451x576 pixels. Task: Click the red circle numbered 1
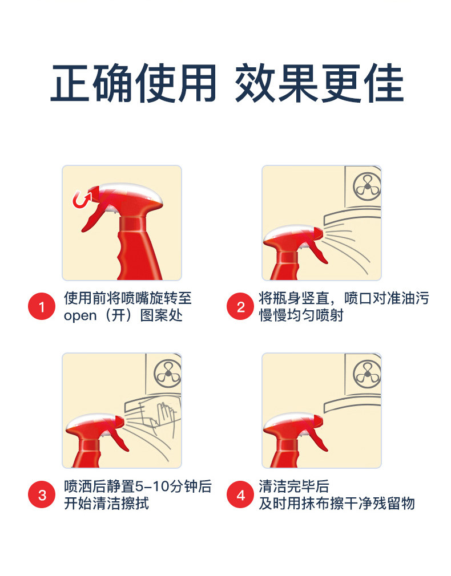[x=42, y=306]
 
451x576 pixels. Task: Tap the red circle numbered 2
[x=240, y=306]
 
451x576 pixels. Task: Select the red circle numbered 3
[x=42, y=494]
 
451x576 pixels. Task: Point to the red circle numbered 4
[x=240, y=494]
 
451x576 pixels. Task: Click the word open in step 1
[x=80, y=316]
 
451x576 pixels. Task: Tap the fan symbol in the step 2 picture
[x=367, y=186]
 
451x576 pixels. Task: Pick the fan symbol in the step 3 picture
[x=167, y=374]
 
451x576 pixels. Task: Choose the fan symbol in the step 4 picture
[x=367, y=374]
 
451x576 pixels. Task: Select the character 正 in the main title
[x=70, y=83]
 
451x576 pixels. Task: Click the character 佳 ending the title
[x=384, y=83]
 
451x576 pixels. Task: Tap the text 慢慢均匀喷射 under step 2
[x=301, y=315]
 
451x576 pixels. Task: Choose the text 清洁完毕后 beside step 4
[x=294, y=486]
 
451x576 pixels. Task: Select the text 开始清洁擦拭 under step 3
[x=107, y=503]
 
